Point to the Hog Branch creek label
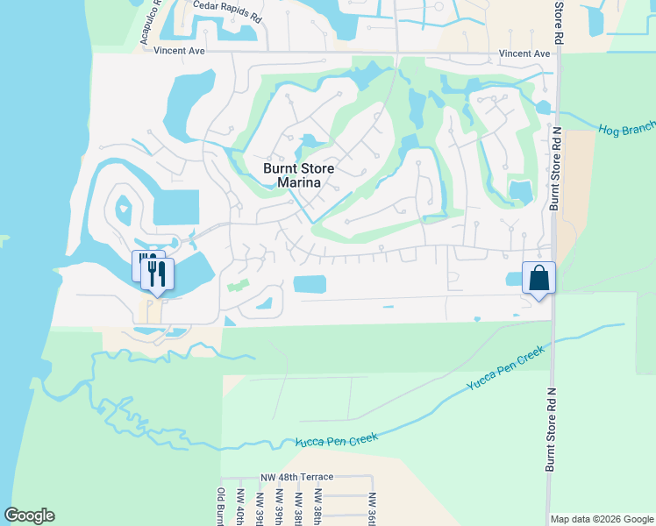626,130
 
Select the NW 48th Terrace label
296,477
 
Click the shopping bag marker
539,278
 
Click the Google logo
29,515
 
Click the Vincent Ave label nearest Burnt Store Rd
524,53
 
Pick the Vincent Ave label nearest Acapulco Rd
179,52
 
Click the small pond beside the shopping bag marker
514,280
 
